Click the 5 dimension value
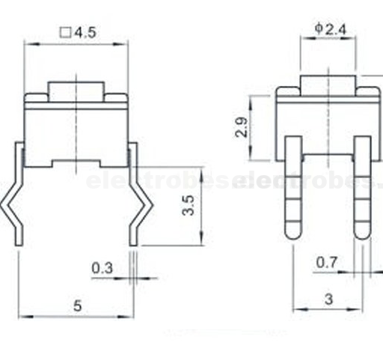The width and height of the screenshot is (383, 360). (x=76, y=305)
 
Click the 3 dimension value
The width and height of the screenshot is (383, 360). (x=328, y=298)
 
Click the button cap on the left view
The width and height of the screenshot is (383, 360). (x=77, y=91)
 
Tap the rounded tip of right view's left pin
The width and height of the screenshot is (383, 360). (x=294, y=233)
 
